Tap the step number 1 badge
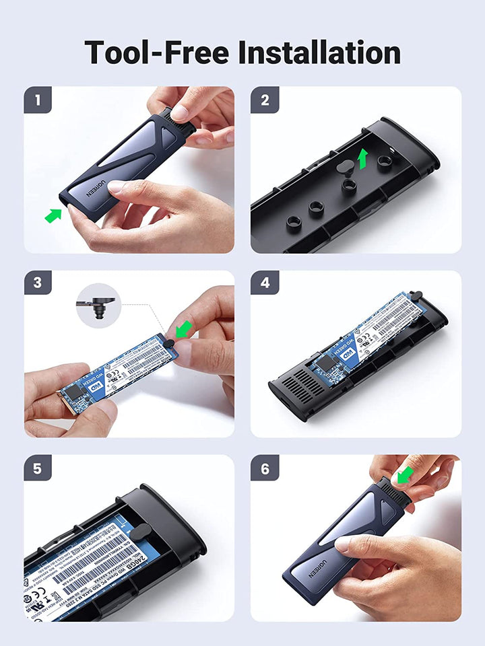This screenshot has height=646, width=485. (x=38, y=100)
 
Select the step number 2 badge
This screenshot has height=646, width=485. (x=265, y=100)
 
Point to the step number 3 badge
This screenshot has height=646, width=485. (x=38, y=283)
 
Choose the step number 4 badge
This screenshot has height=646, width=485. (x=265, y=283)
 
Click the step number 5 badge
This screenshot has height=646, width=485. (x=38, y=468)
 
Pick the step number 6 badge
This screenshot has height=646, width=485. (x=265, y=468)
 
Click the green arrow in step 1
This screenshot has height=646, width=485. (x=53, y=215)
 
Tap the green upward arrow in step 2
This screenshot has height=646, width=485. (x=363, y=159)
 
